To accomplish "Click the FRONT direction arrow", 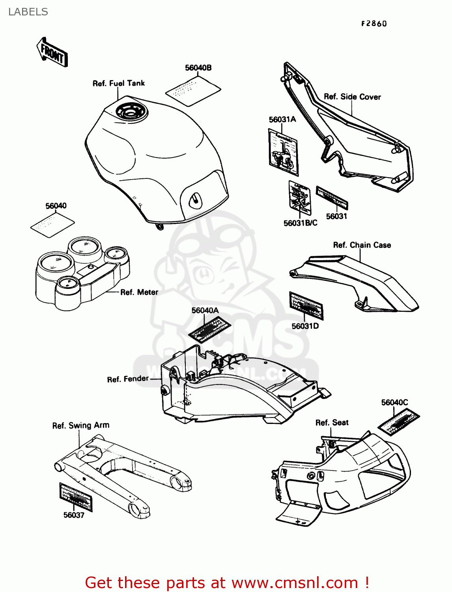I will pyautogui.click(x=52, y=52).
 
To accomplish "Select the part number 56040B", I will pyautogui.click(x=198, y=68).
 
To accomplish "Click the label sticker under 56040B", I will pyautogui.click(x=193, y=91).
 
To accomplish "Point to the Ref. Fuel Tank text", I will pyautogui.click(x=118, y=83).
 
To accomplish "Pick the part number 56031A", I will pyautogui.click(x=282, y=119).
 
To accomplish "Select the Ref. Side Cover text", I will pyautogui.click(x=352, y=97).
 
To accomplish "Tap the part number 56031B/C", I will pyautogui.click(x=300, y=223).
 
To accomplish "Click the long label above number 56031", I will pyautogui.click(x=332, y=198).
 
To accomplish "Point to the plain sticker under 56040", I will pyautogui.click(x=52, y=224).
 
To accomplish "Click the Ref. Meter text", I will pyautogui.click(x=139, y=292).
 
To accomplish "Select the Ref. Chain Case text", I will pyautogui.click(x=362, y=245).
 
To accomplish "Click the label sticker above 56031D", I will pyautogui.click(x=306, y=305).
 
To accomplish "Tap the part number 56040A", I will pyautogui.click(x=205, y=311).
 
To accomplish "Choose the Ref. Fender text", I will pyautogui.click(x=128, y=379).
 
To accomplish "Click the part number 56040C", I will pyautogui.click(x=394, y=403).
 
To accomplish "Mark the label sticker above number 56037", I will pyautogui.click(x=76, y=496).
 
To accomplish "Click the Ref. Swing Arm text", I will pyautogui.click(x=81, y=425).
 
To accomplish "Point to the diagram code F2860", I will pyautogui.click(x=374, y=24).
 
